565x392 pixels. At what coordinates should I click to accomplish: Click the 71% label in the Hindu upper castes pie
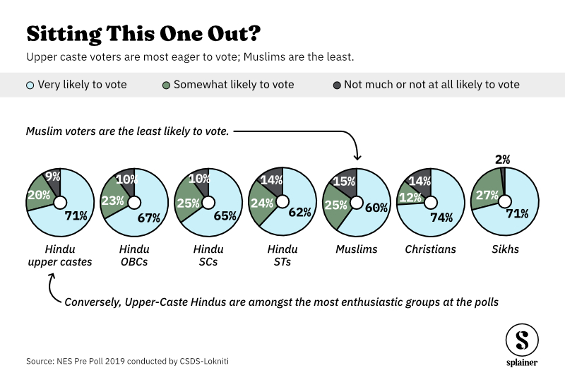76,216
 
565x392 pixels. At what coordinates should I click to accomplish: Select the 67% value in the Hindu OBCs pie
149,218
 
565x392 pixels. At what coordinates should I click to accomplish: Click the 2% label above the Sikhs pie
502,160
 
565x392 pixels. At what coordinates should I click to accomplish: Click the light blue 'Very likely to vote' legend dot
30,85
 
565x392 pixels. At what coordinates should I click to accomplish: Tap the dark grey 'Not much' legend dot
337,85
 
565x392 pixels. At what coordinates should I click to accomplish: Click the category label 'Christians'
430,249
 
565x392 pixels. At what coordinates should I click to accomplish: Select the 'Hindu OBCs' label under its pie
134,256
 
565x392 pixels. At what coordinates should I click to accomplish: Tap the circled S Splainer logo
521,340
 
